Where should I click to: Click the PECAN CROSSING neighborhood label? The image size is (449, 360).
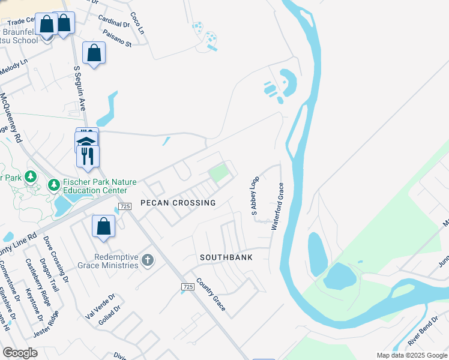point(178,203)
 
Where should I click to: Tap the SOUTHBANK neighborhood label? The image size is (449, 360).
point(226,257)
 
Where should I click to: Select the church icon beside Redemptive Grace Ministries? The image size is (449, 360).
point(148,260)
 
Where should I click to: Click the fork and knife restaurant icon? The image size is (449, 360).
point(88,156)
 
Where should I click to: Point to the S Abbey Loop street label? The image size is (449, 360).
point(255,196)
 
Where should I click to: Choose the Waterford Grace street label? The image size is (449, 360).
point(277,206)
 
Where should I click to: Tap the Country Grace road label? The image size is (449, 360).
point(211,295)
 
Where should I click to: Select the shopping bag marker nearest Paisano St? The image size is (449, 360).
point(94,53)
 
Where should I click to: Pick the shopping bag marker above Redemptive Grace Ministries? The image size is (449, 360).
point(103,227)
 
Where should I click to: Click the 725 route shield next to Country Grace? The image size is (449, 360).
point(187,289)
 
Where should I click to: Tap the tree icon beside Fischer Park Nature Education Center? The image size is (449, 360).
point(53,184)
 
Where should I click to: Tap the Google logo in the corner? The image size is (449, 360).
point(20,353)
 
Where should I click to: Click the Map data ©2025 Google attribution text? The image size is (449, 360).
point(411,355)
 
